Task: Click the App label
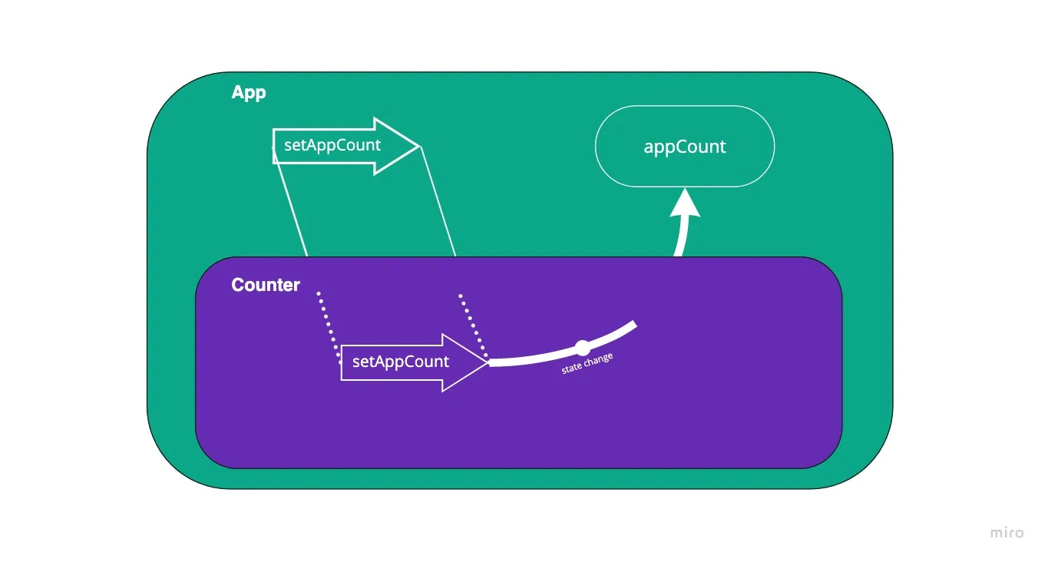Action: click(248, 93)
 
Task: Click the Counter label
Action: click(266, 285)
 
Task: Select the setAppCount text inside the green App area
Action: click(332, 145)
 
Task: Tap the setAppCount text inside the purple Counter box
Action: click(400, 362)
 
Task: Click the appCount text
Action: click(684, 147)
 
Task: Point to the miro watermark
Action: click(1006, 533)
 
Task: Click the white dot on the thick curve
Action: click(582, 347)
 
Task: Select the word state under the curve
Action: click(572, 369)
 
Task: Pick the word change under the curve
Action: click(599, 360)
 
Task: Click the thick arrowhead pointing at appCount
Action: click(684, 203)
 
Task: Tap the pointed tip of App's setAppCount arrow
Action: click(418, 146)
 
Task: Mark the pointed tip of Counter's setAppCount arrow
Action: click(487, 362)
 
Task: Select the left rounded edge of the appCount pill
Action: click(597, 147)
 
